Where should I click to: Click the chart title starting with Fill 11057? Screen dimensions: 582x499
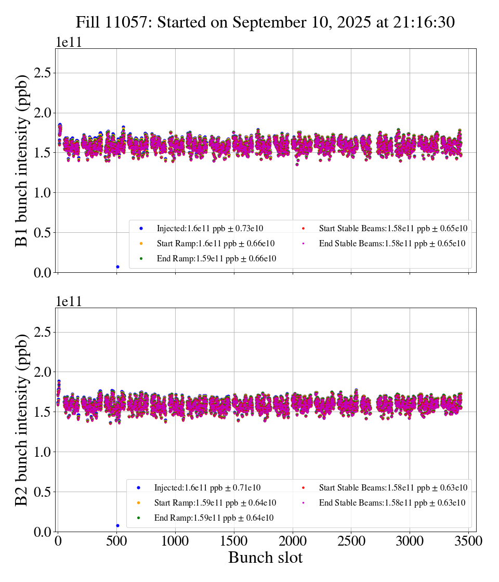pyautogui.click(x=265, y=22)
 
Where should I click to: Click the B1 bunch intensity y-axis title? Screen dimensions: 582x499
pyautogui.click(x=22, y=161)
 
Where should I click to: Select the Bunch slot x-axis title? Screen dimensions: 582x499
pyautogui.click(x=265, y=558)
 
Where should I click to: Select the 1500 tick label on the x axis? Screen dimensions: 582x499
pyautogui.click(x=234, y=541)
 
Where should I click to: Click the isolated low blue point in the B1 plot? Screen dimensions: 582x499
pyautogui.click(x=117, y=267)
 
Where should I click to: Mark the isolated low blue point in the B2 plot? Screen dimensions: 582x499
pyautogui.click(x=117, y=525)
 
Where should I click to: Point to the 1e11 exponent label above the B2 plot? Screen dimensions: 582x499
pyautogui.click(x=69, y=302)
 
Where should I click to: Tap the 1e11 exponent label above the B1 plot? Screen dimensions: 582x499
pyautogui.click(x=69, y=43)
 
